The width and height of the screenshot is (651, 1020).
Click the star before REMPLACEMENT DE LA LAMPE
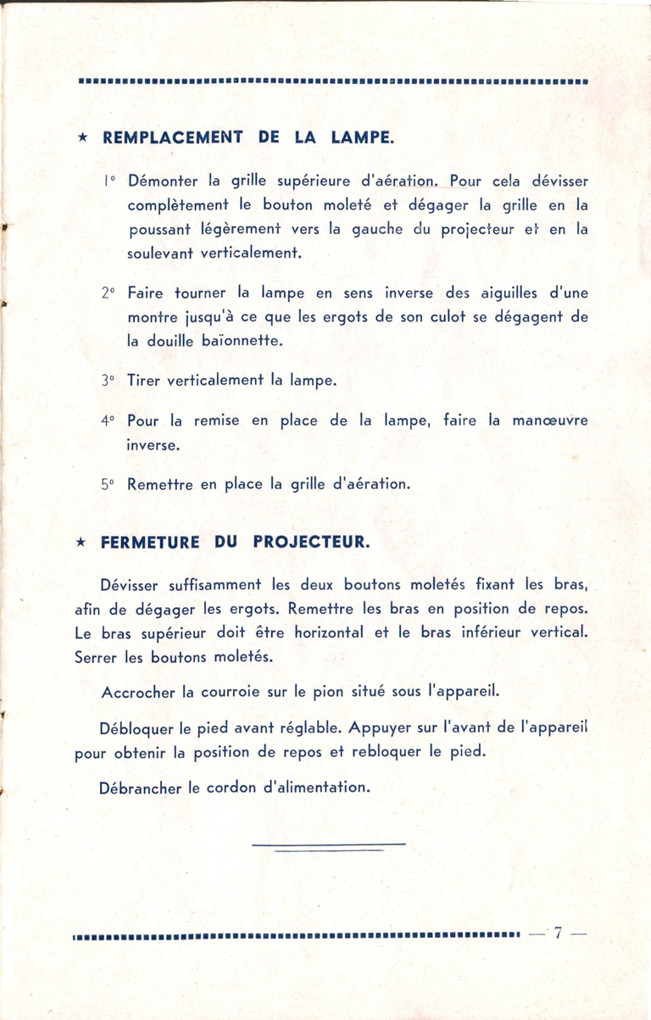(x=81, y=137)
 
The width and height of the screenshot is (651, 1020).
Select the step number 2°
(x=107, y=293)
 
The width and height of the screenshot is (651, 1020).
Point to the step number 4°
(x=107, y=421)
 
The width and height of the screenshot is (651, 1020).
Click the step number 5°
(x=107, y=485)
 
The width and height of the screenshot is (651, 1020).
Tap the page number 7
(x=558, y=935)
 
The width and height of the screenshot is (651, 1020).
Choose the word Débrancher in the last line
(x=140, y=788)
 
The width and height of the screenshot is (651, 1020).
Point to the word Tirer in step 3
(x=142, y=381)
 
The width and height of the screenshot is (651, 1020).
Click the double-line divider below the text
(x=329, y=846)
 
